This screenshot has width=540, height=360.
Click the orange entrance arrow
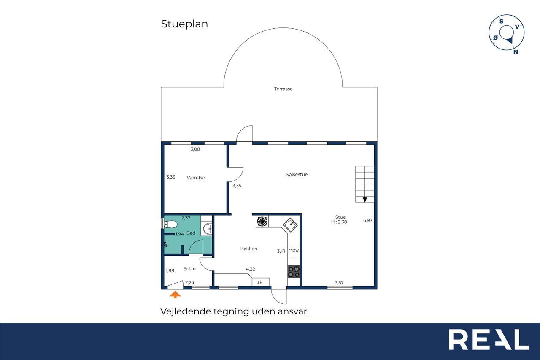click(175, 295)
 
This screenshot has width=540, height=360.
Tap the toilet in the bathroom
click(170, 225)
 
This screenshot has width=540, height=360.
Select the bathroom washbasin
click(207, 229)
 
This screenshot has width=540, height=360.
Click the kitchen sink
click(290, 225)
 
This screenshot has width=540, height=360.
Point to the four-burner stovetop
click(294, 272)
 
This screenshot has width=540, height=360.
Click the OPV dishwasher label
click(293, 251)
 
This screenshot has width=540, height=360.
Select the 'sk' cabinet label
click(259, 282)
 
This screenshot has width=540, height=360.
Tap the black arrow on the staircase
click(365, 200)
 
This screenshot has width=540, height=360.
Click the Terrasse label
click(283, 89)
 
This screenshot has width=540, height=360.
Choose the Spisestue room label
click(297, 174)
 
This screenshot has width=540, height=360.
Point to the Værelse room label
click(195, 178)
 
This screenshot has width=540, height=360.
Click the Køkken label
click(249, 249)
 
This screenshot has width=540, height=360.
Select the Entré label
click(189, 268)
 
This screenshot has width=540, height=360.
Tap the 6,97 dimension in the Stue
click(367, 220)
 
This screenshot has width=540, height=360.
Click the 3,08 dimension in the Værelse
click(195, 149)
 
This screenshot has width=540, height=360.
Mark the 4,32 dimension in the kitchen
click(250, 269)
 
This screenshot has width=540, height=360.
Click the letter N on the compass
click(516, 52)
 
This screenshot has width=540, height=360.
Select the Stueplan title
click(184, 24)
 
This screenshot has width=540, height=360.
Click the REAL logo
click(489, 339)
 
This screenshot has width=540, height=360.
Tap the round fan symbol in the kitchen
click(262, 221)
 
